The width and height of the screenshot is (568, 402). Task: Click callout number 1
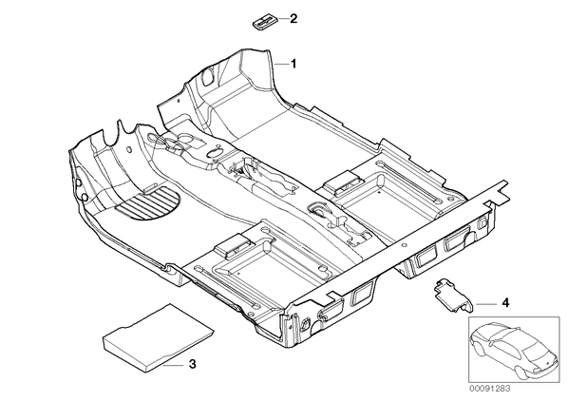point(293,64)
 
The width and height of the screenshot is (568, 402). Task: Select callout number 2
point(293,18)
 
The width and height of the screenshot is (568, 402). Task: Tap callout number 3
point(193,364)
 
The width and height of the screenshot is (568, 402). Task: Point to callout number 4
point(505,302)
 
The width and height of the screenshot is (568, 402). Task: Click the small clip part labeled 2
point(265,23)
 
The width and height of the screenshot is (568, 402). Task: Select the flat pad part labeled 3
point(159,337)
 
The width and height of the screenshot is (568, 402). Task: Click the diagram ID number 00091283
point(489,389)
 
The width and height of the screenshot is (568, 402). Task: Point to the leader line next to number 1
point(280,64)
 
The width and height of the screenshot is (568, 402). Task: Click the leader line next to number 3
point(174,365)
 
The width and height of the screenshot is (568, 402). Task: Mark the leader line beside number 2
point(283,18)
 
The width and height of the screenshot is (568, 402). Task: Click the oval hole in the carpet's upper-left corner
point(209,76)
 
